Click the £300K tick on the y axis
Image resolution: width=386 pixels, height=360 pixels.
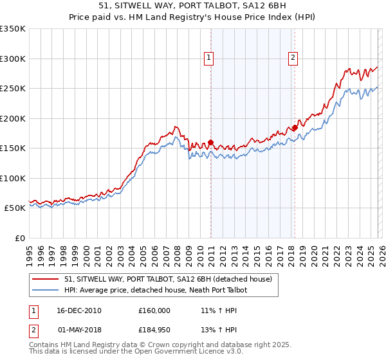tap(13, 59)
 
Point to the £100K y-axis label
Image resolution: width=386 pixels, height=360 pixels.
tap(13, 178)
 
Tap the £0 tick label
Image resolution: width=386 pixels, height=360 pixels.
tap(19, 238)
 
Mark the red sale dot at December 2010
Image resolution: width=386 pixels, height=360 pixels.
tap(210, 143)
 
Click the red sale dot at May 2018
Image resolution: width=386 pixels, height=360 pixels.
tap(295, 128)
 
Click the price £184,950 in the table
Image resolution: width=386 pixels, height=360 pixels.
tap(154, 330)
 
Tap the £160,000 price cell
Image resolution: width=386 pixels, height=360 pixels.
tap(154, 310)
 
